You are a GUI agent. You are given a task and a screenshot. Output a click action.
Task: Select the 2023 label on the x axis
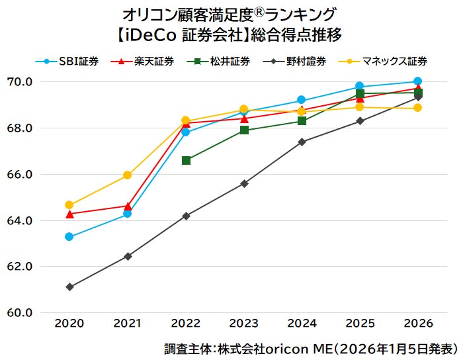244,324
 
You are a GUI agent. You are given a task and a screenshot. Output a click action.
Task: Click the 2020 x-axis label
69,324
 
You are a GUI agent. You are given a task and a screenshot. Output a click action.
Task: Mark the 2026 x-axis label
417,324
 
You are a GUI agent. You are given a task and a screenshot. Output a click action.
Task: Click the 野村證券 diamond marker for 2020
69,287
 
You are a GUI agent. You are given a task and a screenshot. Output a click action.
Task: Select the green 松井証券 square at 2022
186,160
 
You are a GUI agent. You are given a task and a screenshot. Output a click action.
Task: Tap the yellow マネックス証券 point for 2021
128,175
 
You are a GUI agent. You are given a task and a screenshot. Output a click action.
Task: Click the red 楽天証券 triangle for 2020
69,214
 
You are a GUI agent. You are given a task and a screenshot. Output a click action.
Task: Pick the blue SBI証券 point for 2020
69,237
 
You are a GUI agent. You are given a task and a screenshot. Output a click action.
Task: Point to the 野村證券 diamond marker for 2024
302,142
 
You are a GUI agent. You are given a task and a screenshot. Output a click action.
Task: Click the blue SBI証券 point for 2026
417,81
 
